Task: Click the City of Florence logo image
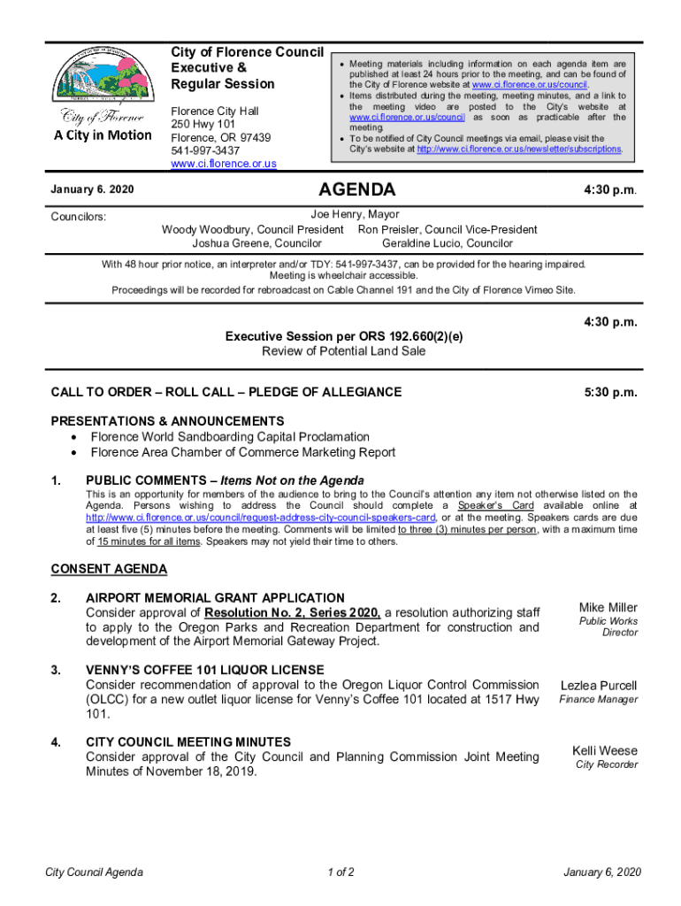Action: tap(100, 93)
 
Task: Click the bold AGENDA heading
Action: tap(356, 190)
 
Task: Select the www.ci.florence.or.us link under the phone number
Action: tap(224, 164)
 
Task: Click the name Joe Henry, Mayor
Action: tap(355, 214)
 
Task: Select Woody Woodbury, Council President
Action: tap(252, 229)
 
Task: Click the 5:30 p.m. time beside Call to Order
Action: tap(611, 392)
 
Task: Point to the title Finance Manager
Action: tap(598, 700)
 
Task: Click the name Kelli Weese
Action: tap(604, 751)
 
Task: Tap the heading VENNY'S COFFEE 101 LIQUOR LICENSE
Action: tap(204, 670)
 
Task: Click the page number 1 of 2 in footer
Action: tap(340, 873)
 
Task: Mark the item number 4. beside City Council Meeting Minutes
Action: tap(57, 741)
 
